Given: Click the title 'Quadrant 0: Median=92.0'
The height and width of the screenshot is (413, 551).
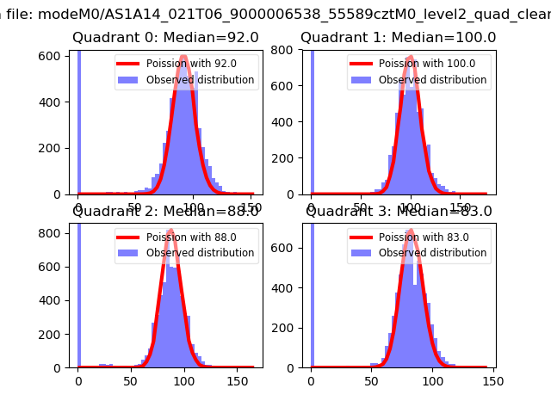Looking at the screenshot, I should [x=165, y=38].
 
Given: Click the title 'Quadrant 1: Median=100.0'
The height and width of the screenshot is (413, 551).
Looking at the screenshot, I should [x=398, y=38].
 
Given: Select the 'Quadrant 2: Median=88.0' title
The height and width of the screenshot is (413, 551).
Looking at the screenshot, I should [x=165, y=211].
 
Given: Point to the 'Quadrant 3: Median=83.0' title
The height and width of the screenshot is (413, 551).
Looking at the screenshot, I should [x=398, y=211].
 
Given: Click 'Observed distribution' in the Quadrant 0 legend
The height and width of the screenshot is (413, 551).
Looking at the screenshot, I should [x=200, y=80].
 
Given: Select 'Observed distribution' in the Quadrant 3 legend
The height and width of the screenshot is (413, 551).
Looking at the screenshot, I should [x=432, y=253].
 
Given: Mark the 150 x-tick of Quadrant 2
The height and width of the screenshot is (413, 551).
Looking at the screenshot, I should [x=245, y=380].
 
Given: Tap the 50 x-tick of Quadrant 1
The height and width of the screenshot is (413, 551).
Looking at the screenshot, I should [x=362, y=207].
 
